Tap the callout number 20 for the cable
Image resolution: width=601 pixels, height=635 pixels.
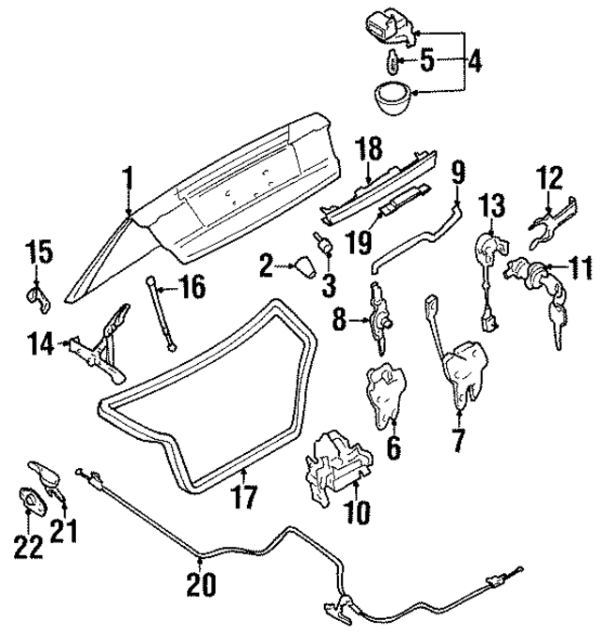pos(201,585)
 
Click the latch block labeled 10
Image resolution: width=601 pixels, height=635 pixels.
pos(334,465)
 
